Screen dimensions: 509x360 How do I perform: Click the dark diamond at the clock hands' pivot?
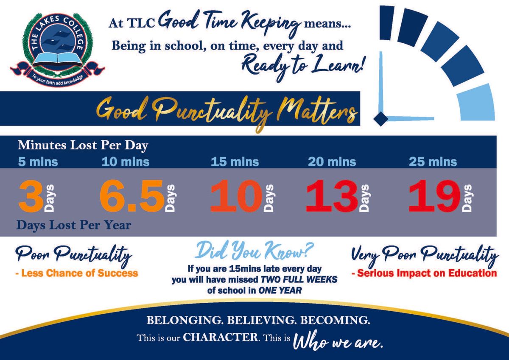(381, 119)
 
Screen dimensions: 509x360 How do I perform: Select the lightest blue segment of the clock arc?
(478, 102)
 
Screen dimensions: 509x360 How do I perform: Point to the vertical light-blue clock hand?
(382, 82)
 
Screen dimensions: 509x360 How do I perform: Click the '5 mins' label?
(38, 162)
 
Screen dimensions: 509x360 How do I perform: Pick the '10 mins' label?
(126, 162)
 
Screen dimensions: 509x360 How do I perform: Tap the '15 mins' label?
(235, 162)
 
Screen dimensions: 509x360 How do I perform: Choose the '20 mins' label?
(332, 162)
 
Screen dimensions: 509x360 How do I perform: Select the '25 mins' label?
(433, 162)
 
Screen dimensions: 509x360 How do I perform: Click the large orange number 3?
(31, 196)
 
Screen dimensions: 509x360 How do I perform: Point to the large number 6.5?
(132, 196)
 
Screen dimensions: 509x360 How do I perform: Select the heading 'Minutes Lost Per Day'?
(83, 145)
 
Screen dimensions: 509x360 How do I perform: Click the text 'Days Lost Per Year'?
(74, 225)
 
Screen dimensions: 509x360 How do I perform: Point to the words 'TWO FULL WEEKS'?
(299, 279)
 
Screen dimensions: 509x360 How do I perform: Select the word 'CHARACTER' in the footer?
(220, 337)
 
